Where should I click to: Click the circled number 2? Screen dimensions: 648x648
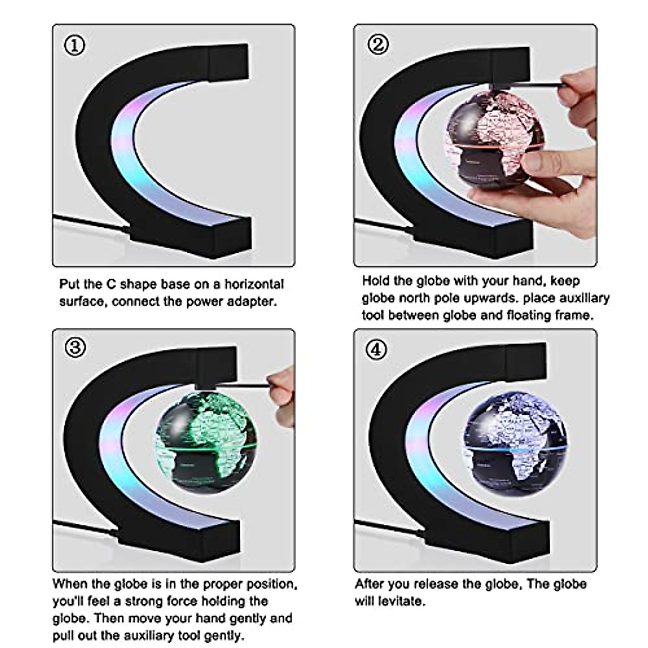(377, 44)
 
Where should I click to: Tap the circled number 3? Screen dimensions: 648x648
(75, 348)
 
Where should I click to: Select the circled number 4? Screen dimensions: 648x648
(376, 349)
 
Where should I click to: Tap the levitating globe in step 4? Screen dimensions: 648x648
(516, 442)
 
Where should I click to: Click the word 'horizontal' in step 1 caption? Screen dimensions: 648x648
(254, 284)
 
